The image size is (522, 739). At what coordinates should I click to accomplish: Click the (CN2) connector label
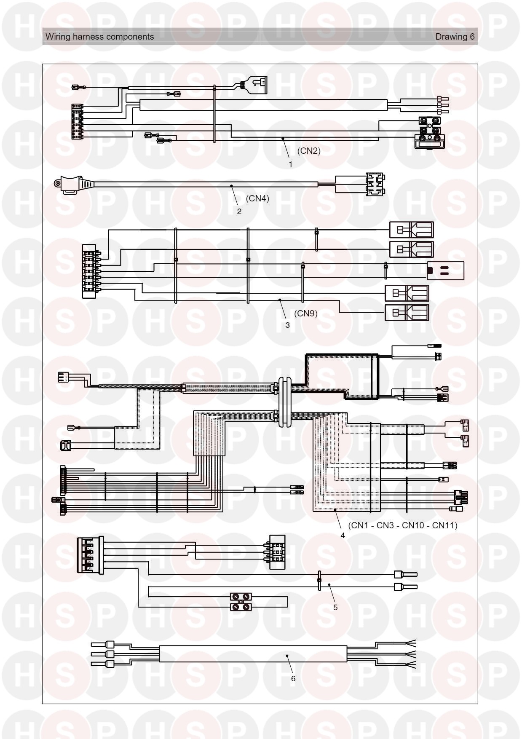click(x=309, y=151)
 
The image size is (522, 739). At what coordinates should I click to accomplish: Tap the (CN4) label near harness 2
click(x=257, y=198)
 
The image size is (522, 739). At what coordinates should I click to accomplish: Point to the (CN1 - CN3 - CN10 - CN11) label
click(x=403, y=525)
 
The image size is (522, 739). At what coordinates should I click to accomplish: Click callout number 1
click(x=290, y=164)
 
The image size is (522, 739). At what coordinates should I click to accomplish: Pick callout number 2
click(x=239, y=212)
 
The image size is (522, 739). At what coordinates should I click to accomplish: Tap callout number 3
click(x=288, y=325)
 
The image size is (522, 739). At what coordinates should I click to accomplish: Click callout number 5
click(x=335, y=607)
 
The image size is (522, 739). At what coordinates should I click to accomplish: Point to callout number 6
click(x=293, y=678)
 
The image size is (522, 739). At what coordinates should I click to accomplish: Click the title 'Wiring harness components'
click(x=100, y=37)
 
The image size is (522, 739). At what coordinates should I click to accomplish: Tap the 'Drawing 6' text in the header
click(x=455, y=37)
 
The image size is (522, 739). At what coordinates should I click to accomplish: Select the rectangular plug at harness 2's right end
click(x=375, y=185)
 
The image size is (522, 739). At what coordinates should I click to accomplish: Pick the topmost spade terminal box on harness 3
click(x=411, y=230)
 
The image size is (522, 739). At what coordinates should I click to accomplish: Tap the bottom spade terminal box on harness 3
click(x=407, y=313)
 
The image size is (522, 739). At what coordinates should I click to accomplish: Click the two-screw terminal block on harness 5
click(x=241, y=602)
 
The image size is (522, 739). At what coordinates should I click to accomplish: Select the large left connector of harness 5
click(x=90, y=555)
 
